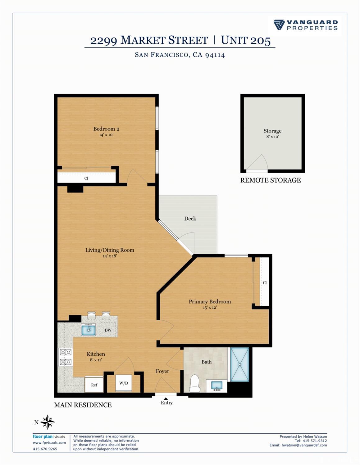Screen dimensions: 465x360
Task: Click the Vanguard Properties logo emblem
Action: coord(279,25)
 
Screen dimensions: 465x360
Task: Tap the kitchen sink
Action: coord(88,330)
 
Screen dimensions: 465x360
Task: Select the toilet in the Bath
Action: coord(194,383)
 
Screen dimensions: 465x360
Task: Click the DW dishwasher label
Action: coord(108,330)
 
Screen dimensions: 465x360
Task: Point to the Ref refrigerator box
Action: coord(94,385)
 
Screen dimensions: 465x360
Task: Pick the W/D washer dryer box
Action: coord(124,383)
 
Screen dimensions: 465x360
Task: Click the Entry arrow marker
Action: coord(166,399)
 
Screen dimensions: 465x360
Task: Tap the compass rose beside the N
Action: coord(48,422)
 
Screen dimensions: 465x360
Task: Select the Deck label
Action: coord(190,219)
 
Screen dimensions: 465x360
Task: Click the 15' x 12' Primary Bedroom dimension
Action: coord(210,307)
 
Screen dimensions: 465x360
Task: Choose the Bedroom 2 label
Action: coord(106,129)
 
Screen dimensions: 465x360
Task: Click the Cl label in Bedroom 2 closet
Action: coord(86,178)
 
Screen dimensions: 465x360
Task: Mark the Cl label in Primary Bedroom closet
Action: coord(265,282)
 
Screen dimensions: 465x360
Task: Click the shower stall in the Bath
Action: coord(240,364)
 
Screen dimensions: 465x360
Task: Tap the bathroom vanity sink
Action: coord(216,386)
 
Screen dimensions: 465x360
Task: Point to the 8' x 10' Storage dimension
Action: coord(272,137)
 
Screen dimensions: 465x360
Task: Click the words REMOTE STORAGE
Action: coord(270,180)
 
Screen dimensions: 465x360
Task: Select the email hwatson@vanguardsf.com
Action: coord(304,445)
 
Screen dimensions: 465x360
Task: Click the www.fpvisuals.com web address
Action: coord(49,443)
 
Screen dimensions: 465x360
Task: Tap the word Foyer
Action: coord(162,371)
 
